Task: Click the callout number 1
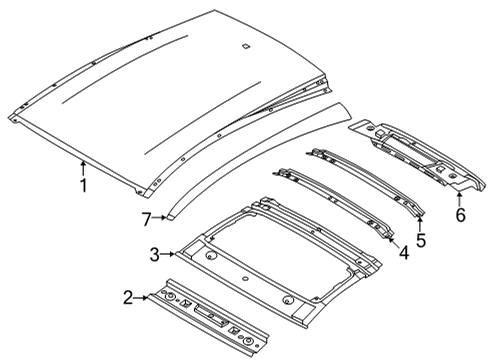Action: coord(84,185)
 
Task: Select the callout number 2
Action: coord(128,296)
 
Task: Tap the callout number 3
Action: coord(156,254)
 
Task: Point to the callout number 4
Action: coord(403,255)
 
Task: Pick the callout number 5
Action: coord(421,240)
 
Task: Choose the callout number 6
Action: coord(460,215)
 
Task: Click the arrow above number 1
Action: coord(84,166)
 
